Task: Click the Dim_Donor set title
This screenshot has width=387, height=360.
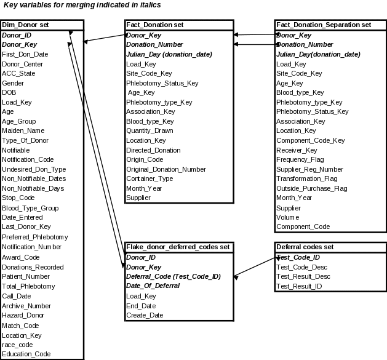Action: [x=26, y=25]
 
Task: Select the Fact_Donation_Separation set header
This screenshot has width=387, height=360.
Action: [x=324, y=25]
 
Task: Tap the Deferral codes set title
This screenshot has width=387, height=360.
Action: [x=305, y=247]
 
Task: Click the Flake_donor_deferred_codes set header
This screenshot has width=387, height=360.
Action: [x=178, y=247]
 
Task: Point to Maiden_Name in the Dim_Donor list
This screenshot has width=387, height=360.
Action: [x=23, y=130]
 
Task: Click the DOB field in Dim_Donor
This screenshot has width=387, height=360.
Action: [x=10, y=92]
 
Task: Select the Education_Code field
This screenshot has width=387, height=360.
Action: [x=26, y=354]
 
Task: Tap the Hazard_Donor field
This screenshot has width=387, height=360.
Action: [x=23, y=315]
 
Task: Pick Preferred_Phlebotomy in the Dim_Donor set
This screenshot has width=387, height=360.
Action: [x=35, y=237]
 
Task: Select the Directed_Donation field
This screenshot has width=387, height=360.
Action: [x=153, y=150]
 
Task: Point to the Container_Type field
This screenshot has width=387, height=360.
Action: [x=150, y=179]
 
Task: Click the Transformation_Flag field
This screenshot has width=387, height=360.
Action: [x=306, y=179]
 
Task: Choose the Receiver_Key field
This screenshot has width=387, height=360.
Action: [x=297, y=150]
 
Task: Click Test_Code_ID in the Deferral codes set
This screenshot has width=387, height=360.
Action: [x=298, y=257]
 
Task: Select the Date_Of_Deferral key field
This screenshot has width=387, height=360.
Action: [x=153, y=286]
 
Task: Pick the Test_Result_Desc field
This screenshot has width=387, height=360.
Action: [x=303, y=277]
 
